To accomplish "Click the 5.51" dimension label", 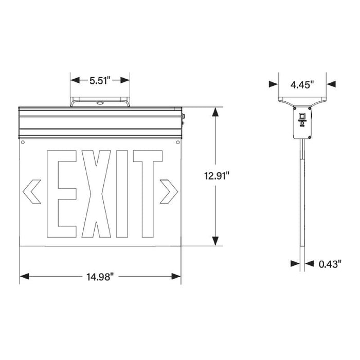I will coord(100,80).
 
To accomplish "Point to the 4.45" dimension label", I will coord(302,85).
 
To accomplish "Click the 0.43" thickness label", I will coord(330,264).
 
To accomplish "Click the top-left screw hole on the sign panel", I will coord(23,141).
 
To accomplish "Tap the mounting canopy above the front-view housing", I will coord(100,101).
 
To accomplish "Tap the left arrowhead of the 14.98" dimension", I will coord(24,277).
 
